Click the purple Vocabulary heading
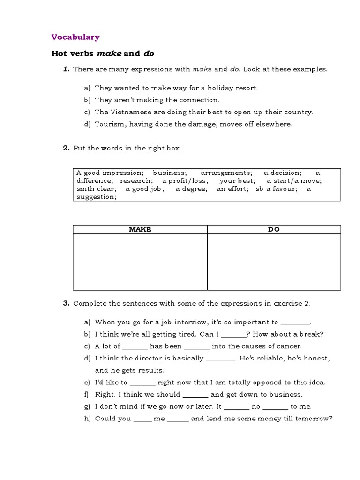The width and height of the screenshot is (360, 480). (x=75, y=37)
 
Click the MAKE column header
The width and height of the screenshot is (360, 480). (x=140, y=229)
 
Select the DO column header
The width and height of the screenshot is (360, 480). (x=274, y=229)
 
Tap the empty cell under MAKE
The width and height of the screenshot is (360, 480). (x=140, y=262)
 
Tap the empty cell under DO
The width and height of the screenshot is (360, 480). (x=274, y=262)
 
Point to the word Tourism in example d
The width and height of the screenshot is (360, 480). (x=110, y=124)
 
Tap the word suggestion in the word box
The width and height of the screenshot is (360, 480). (x=96, y=197)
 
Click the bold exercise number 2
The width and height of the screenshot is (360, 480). (x=66, y=148)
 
